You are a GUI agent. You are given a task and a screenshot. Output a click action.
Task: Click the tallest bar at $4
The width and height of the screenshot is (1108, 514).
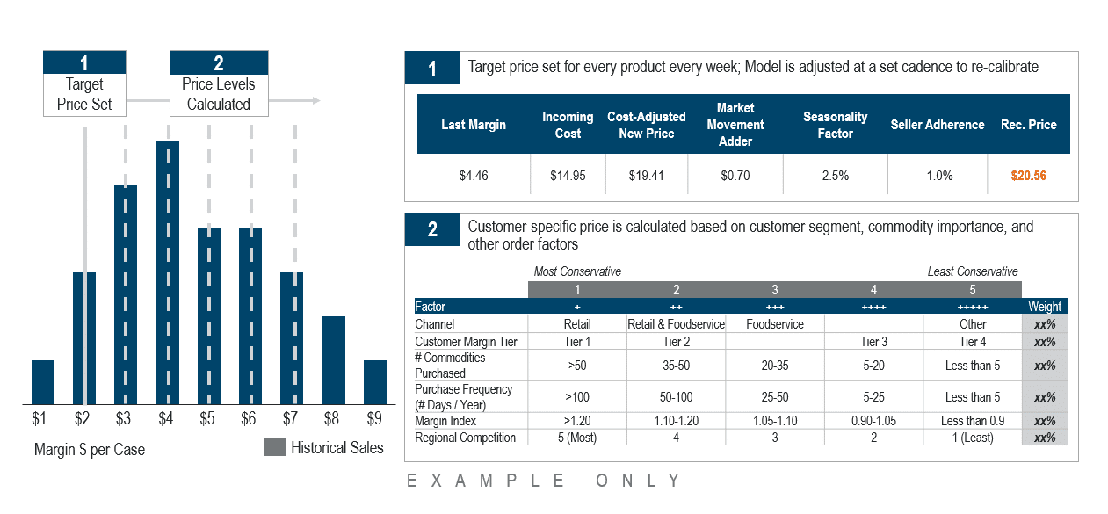[x=167, y=272]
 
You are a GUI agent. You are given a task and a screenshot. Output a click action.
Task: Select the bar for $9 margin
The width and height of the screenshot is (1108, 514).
[x=375, y=382]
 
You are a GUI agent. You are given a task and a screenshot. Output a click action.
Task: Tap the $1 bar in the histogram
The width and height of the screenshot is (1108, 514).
[x=43, y=382]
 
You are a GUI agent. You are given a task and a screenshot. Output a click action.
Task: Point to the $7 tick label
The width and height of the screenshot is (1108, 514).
[x=290, y=418]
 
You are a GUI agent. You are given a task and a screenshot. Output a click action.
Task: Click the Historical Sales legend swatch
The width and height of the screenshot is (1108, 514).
[x=274, y=447]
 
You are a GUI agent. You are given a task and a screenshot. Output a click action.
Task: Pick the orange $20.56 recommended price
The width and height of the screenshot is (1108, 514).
[x=1028, y=176]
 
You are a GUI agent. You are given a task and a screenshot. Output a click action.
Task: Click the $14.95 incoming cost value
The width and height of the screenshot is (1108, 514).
[x=568, y=176]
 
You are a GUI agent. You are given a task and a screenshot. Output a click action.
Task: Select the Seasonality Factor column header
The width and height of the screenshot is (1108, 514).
[x=835, y=125]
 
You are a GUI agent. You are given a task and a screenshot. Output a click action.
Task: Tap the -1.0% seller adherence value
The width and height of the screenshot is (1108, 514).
[x=938, y=176]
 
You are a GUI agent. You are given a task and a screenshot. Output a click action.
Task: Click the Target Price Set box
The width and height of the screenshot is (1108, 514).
[x=84, y=83]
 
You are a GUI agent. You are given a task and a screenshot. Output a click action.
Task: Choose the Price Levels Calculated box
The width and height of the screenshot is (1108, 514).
[x=219, y=83]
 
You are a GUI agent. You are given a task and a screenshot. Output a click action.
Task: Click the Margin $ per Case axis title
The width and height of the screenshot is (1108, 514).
[x=90, y=450]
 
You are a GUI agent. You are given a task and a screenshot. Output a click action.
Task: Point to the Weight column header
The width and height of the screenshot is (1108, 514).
[x=1045, y=307]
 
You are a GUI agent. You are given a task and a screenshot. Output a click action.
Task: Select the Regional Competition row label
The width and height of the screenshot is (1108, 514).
[x=465, y=438]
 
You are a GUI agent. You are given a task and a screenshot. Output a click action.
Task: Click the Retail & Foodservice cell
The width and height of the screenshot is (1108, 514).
[x=676, y=324]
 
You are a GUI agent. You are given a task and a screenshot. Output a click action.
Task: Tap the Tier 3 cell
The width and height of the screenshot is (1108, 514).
[x=873, y=342]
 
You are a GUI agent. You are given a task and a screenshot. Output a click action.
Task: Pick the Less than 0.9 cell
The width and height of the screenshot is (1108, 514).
[x=973, y=421]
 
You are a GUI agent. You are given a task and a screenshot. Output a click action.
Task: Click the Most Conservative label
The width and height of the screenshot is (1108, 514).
[x=577, y=271]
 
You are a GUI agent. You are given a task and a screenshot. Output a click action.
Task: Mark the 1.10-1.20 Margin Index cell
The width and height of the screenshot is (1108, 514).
[x=677, y=421]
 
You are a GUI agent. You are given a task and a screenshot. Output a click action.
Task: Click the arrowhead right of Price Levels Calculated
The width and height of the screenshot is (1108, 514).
[x=316, y=100]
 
